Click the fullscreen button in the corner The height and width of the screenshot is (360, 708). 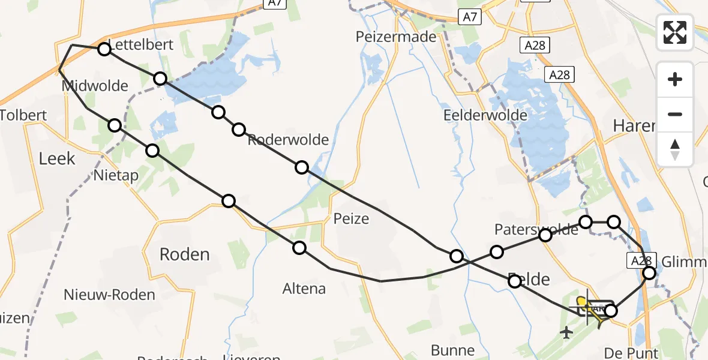[675, 32]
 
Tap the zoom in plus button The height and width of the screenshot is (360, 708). [675, 80]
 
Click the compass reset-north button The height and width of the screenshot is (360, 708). [675, 149]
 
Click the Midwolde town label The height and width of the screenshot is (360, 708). [95, 86]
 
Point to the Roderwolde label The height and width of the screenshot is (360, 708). [288, 140]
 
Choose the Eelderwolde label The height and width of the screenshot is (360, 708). [485, 115]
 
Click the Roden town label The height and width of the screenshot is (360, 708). [184, 254]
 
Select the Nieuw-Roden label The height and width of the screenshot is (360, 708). [110, 295]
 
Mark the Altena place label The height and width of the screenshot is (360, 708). [304, 289]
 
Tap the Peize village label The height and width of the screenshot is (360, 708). [351, 218]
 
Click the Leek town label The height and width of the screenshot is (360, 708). [57, 158]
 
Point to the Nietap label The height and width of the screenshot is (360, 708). [116, 176]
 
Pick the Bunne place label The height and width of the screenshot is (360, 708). [453, 350]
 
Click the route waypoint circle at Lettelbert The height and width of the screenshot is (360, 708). [104, 49]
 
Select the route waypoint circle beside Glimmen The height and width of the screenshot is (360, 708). [649, 274]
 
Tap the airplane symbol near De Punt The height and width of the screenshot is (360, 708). [566, 332]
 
